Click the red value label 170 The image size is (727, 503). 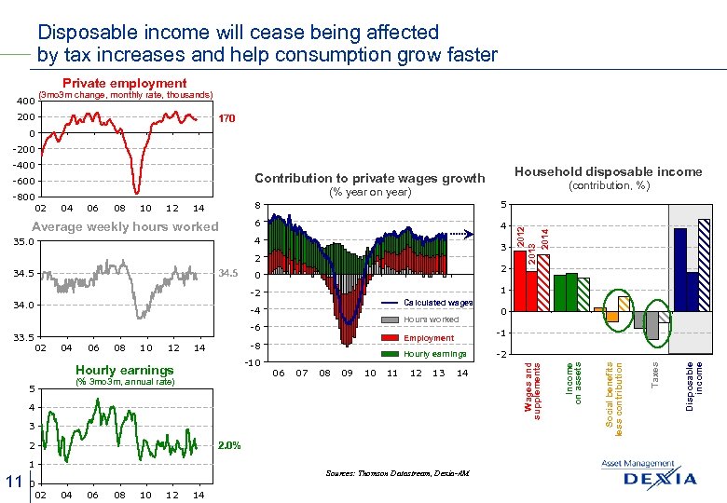click(x=227, y=119)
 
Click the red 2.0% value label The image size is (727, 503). click(x=229, y=445)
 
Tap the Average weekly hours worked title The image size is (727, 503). click(x=125, y=226)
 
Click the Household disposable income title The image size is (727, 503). click(x=608, y=171)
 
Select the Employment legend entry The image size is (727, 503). click(x=428, y=337)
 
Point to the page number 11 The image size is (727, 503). click(x=13, y=481)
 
